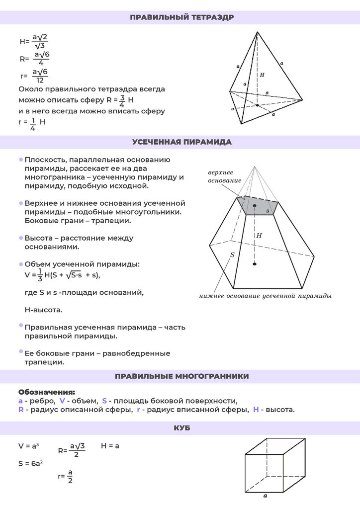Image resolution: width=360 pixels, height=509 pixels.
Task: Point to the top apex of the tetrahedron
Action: [x=257, y=32]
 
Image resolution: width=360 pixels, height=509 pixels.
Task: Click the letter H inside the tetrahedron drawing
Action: [x=262, y=75]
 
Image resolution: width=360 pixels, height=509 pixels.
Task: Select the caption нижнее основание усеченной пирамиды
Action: [x=266, y=295]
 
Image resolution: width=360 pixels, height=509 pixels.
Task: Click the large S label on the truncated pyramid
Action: [x=232, y=255]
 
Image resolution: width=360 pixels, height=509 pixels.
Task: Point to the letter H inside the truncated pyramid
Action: [x=259, y=235]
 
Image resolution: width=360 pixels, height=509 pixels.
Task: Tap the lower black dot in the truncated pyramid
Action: [x=255, y=263]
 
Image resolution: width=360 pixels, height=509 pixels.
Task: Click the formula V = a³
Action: [x=28, y=446]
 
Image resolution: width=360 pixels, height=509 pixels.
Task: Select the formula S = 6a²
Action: [x=30, y=463]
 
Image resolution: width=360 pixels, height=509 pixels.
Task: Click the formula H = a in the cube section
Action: [x=110, y=446]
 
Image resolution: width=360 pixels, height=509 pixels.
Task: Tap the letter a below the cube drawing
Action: [x=265, y=496]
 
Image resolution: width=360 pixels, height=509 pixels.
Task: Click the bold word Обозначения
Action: [x=47, y=392]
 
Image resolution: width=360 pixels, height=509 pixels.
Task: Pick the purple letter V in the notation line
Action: [x=62, y=401]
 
